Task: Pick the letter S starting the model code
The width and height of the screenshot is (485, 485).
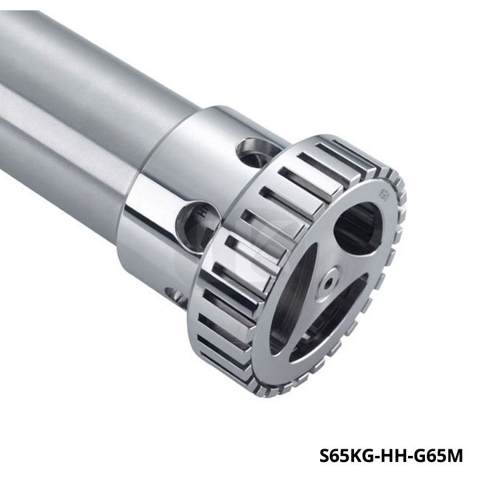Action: pos(324,456)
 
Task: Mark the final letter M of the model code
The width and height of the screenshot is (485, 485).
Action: pos(455,456)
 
